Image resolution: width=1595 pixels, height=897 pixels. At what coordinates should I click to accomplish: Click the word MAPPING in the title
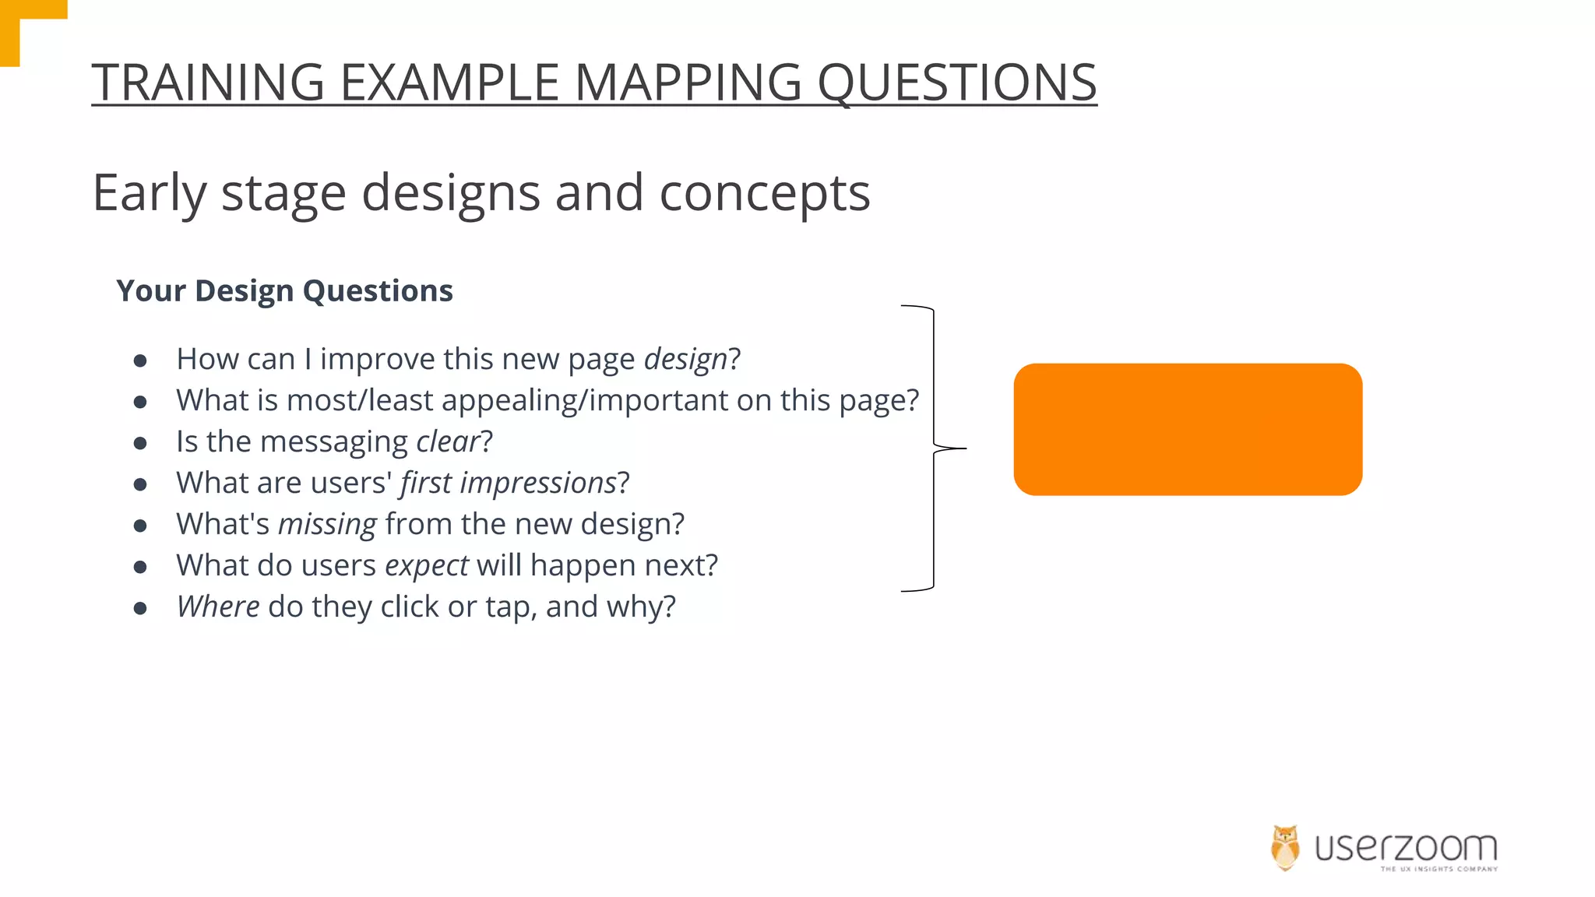tap(687, 83)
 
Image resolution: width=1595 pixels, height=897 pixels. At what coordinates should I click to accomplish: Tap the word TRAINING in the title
tap(208, 83)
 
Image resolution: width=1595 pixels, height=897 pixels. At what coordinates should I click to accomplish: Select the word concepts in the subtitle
tap(764, 193)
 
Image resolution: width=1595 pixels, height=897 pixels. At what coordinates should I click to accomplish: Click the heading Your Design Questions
tap(284, 291)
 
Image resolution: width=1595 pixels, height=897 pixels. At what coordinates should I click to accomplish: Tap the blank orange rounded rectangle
tap(1187, 429)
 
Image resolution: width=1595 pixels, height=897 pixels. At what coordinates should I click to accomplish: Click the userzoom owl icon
tap(1285, 847)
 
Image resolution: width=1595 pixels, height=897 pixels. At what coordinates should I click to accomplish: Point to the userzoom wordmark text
tap(1405, 846)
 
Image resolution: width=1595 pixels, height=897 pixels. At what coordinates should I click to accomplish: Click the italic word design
tap(685, 360)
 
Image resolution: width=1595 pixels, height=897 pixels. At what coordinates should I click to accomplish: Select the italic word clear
tap(447, 442)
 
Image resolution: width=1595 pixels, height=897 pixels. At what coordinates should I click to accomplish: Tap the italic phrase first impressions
tap(508, 484)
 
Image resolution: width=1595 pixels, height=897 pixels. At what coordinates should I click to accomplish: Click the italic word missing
tap(327, 525)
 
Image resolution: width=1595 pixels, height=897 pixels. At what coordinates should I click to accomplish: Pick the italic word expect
tap(426, 566)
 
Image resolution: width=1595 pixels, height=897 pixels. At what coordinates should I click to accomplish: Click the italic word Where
tap(218, 607)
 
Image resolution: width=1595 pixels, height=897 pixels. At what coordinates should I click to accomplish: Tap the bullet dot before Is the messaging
tap(140, 443)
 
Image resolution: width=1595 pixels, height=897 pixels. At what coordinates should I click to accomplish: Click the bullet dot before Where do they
tap(140, 608)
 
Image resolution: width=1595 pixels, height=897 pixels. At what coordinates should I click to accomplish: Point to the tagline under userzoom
tap(1438, 869)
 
